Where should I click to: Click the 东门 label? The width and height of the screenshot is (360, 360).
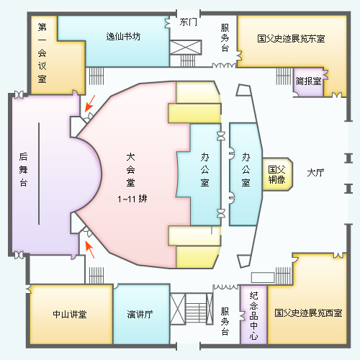(x=188, y=22)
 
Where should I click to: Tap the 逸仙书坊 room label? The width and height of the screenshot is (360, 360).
(x=123, y=37)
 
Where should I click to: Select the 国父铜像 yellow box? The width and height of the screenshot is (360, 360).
(x=277, y=174)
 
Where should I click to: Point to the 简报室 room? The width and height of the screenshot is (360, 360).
(x=309, y=82)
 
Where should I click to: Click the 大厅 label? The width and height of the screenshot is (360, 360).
(x=315, y=173)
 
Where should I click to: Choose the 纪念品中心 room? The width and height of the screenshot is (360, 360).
(x=253, y=315)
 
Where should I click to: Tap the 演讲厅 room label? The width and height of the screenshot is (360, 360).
(x=140, y=314)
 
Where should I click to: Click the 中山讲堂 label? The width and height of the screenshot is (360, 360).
(x=70, y=314)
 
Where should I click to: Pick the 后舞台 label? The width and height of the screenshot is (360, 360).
(x=23, y=169)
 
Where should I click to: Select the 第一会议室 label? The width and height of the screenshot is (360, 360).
(x=42, y=53)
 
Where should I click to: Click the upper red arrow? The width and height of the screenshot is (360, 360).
(x=90, y=104)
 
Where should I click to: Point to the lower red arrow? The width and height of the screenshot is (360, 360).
(x=90, y=250)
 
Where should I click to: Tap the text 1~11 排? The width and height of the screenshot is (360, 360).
(x=132, y=199)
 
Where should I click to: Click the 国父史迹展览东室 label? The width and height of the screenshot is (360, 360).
(x=291, y=38)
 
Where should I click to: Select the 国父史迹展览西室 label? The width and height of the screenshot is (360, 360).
(x=308, y=313)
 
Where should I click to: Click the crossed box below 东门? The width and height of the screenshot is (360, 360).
(x=186, y=48)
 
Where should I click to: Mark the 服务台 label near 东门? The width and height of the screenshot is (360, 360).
(x=225, y=37)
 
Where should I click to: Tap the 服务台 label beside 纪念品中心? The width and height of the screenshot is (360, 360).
(x=225, y=321)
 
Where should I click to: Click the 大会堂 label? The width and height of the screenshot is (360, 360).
(x=130, y=170)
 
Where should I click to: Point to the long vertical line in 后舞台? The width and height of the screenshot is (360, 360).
(x=39, y=174)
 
